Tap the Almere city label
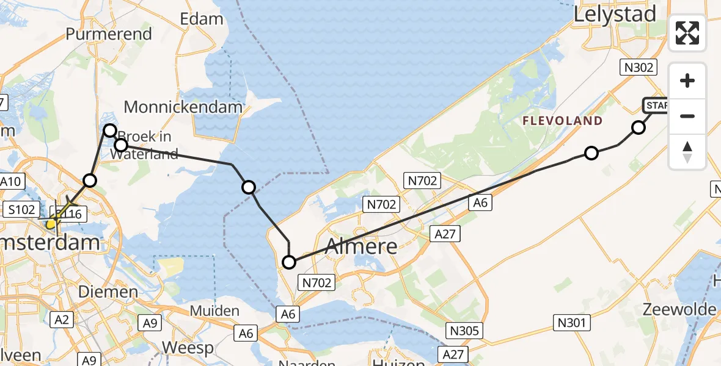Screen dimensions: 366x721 point(361,246)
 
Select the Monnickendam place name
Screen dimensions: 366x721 point(183,108)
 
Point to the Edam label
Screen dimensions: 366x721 point(202,19)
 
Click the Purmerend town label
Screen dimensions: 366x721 point(108,34)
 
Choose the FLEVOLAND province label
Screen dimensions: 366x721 point(562,121)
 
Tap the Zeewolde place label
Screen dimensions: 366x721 point(679,309)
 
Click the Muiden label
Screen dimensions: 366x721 point(214,311)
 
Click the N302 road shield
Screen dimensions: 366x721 point(637,67)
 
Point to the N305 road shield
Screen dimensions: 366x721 point(464,330)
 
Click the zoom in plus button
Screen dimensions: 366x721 point(687,81)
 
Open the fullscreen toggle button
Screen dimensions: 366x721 point(687,33)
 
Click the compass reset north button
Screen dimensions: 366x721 point(687,151)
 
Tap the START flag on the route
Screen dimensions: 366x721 point(656,106)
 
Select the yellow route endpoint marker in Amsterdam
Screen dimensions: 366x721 point(52,223)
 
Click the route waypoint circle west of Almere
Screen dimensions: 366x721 point(289,262)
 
